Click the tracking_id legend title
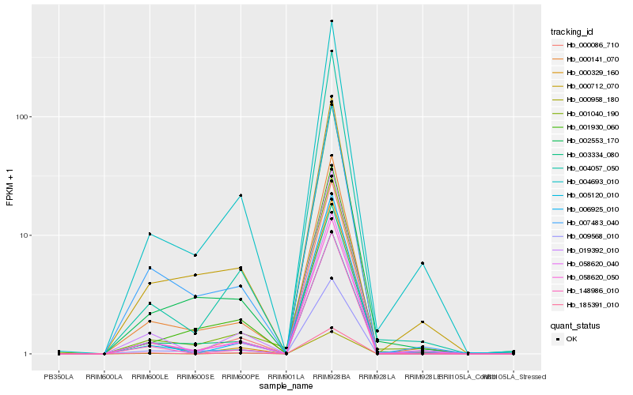(572, 32)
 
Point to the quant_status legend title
(575, 325)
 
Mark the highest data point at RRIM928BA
(332, 21)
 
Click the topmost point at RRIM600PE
(241, 195)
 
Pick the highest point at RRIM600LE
(150, 234)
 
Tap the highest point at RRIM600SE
(195, 255)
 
